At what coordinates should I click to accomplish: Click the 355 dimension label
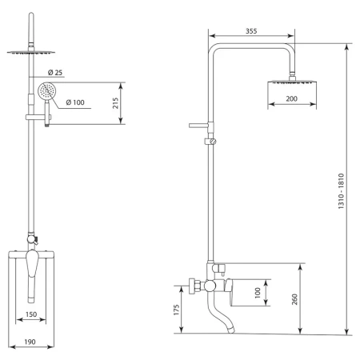pyautogui.click(x=251, y=31)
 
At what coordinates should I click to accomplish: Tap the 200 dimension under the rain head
pyautogui.click(x=291, y=98)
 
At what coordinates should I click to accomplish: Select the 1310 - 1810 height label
pyautogui.click(x=341, y=191)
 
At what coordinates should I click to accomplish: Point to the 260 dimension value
pyautogui.click(x=294, y=299)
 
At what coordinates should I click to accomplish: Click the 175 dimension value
pyautogui.click(x=177, y=310)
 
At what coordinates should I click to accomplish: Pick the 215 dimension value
pyautogui.click(x=115, y=103)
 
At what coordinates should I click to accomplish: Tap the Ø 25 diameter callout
pyautogui.click(x=55, y=72)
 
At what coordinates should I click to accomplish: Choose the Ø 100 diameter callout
pyautogui.click(x=75, y=102)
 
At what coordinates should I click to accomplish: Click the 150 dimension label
pyautogui.click(x=31, y=314)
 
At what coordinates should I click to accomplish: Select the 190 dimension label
pyautogui.click(x=30, y=342)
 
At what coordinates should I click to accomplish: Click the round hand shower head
pyautogui.click(x=47, y=91)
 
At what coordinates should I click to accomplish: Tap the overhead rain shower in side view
pyautogui.click(x=292, y=82)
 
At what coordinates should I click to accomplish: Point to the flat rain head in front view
pyautogui.click(x=31, y=52)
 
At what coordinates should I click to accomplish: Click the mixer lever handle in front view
pyautogui.click(x=32, y=276)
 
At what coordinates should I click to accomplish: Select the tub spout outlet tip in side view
pyautogui.click(x=230, y=330)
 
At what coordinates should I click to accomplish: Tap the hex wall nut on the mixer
pyautogui.click(x=195, y=286)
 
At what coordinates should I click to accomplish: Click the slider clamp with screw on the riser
pyautogui.click(x=210, y=142)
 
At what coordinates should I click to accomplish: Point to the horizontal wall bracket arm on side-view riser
pyautogui.click(x=198, y=126)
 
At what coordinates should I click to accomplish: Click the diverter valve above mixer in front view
pyautogui.click(x=33, y=238)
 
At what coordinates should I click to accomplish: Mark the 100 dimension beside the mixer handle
pyautogui.click(x=258, y=293)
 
